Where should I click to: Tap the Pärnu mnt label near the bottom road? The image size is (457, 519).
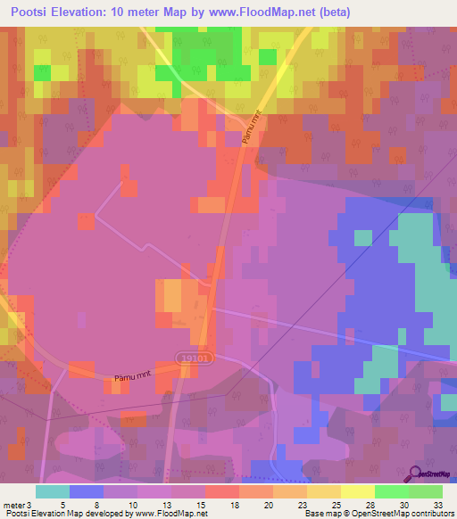click(x=130, y=379)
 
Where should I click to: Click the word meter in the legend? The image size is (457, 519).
click(x=14, y=504)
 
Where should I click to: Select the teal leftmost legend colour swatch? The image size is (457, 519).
click(x=53, y=491)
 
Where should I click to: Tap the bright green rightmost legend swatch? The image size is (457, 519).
click(x=426, y=491)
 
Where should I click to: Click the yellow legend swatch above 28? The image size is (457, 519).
click(x=358, y=491)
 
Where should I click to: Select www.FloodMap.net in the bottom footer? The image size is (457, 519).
click(x=170, y=514)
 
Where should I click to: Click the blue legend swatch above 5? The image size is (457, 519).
click(x=87, y=491)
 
